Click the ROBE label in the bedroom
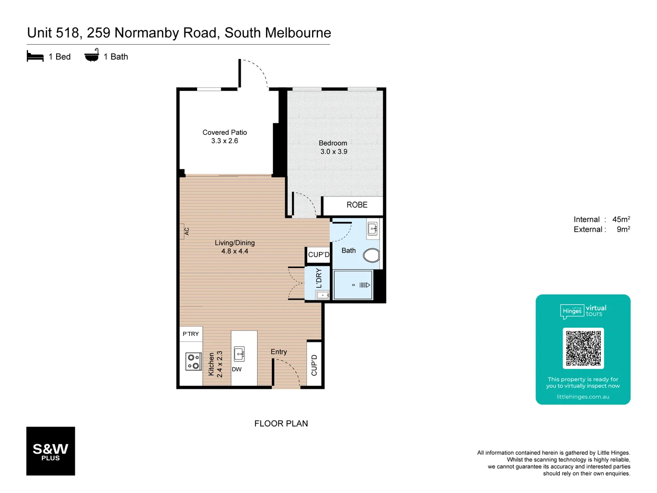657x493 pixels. click(357, 205)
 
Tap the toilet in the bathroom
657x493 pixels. click(371, 255)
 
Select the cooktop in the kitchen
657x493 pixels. click(193, 361)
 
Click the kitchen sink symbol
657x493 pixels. click(239, 354)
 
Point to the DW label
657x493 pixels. click(237, 369)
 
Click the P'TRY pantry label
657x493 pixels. click(191, 334)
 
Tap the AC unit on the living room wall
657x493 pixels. click(183, 231)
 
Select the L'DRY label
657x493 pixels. click(318, 278)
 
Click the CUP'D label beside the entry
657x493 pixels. click(314, 365)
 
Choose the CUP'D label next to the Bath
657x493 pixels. click(318, 255)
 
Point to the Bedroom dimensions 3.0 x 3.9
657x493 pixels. click(334, 152)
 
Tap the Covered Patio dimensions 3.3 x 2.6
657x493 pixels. click(224, 141)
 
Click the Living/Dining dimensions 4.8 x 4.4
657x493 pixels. click(235, 251)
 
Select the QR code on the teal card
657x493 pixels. click(583, 348)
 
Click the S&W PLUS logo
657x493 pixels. click(51, 451)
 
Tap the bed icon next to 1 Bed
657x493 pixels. click(35, 56)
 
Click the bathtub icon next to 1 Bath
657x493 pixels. click(92, 56)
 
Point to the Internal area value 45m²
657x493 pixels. click(621, 219)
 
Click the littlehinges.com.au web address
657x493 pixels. click(583, 397)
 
